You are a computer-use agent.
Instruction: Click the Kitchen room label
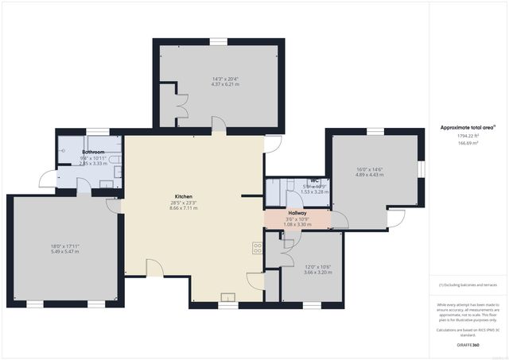point(184,196)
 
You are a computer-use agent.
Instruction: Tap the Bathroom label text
point(94,151)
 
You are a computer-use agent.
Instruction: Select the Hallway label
point(297,213)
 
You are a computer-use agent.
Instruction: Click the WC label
point(314,180)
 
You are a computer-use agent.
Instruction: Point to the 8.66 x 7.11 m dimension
point(184,209)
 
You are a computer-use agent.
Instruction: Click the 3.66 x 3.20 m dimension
point(304,273)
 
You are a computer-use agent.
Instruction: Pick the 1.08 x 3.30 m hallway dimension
point(297,225)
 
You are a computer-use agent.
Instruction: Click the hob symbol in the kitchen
point(258,247)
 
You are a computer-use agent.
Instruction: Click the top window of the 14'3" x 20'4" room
point(219,41)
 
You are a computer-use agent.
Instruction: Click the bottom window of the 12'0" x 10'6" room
point(311,304)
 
